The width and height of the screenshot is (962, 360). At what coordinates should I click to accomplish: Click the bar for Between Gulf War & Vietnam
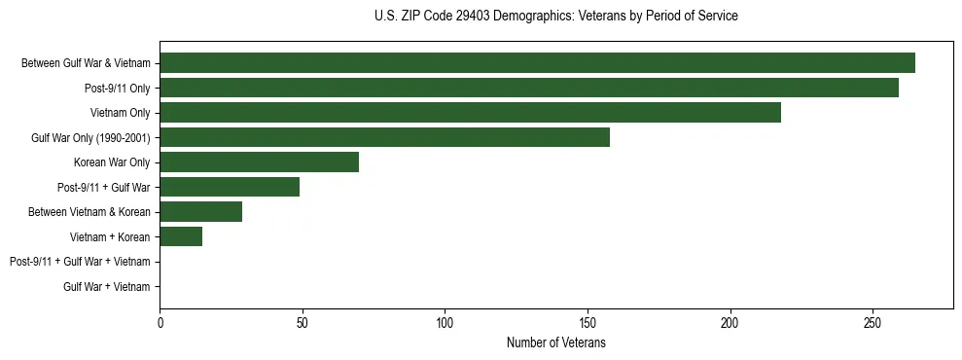click(537, 63)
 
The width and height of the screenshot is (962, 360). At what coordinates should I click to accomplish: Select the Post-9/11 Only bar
click(529, 89)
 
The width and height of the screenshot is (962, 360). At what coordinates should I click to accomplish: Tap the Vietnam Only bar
click(470, 113)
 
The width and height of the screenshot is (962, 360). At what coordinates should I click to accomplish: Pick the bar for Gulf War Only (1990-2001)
click(384, 138)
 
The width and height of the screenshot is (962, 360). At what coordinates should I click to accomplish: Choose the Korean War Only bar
click(259, 162)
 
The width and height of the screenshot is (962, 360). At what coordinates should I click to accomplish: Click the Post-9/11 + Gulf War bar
click(230, 187)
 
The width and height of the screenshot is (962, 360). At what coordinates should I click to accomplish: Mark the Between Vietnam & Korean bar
click(200, 212)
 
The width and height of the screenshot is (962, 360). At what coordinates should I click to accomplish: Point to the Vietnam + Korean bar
click(181, 236)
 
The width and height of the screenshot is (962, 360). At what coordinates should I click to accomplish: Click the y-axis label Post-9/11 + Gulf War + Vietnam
click(80, 262)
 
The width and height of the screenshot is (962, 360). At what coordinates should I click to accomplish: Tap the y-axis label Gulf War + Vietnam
click(107, 286)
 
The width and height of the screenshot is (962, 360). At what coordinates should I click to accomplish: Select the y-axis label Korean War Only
click(112, 162)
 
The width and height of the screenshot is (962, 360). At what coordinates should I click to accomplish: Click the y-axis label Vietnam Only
click(121, 113)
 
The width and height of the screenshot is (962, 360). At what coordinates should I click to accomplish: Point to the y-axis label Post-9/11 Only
click(118, 89)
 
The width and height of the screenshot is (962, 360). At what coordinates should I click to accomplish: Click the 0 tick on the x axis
click(160, 322)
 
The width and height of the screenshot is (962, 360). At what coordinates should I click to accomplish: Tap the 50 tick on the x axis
click(303, 322)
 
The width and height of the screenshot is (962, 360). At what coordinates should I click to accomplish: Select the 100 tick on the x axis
click(445, 322)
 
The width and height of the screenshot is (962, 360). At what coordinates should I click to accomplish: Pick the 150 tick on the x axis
click(588, 322)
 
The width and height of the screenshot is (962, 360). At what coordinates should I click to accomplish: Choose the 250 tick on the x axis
click(873, 322)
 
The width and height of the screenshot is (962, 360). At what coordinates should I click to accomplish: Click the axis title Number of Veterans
click(555, 342)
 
